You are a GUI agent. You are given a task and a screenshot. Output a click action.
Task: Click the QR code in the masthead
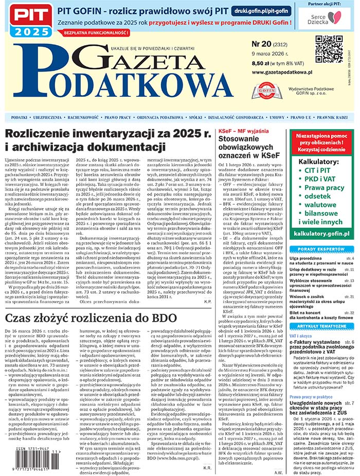point(329,49)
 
